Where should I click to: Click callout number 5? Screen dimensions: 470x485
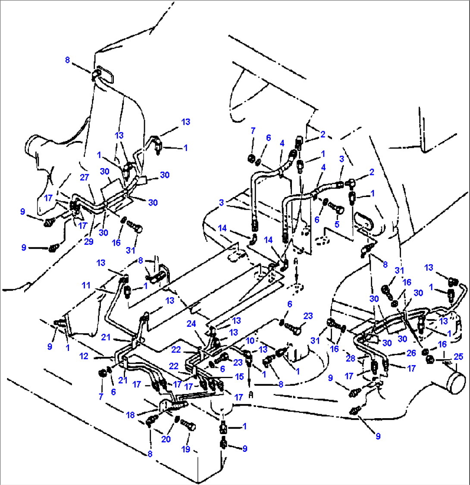pos(337,224)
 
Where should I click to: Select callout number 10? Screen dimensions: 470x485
pos(250,341)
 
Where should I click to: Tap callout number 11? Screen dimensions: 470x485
pos(86,285)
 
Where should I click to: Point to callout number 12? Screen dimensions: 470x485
pos(84,356)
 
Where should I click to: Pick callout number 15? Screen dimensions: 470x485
pos(239,377)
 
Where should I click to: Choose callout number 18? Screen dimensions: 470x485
pos(131,415)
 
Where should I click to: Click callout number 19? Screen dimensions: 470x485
pos(186,449)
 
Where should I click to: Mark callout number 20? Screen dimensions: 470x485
pos(166,439)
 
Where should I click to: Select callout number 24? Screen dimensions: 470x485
pos(191,323)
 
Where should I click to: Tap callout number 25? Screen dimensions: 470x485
pos(458,357)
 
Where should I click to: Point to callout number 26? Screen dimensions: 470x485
pos(411,353)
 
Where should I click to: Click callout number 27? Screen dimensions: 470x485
pos(85,177)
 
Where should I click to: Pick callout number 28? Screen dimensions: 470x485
pos(351,358)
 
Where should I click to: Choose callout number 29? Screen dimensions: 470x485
pos(88,241)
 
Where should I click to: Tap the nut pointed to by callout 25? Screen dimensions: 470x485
pos(429,360)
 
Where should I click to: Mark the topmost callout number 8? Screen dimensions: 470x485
pos(67,59)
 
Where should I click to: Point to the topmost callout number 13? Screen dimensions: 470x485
pos(186,122)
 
